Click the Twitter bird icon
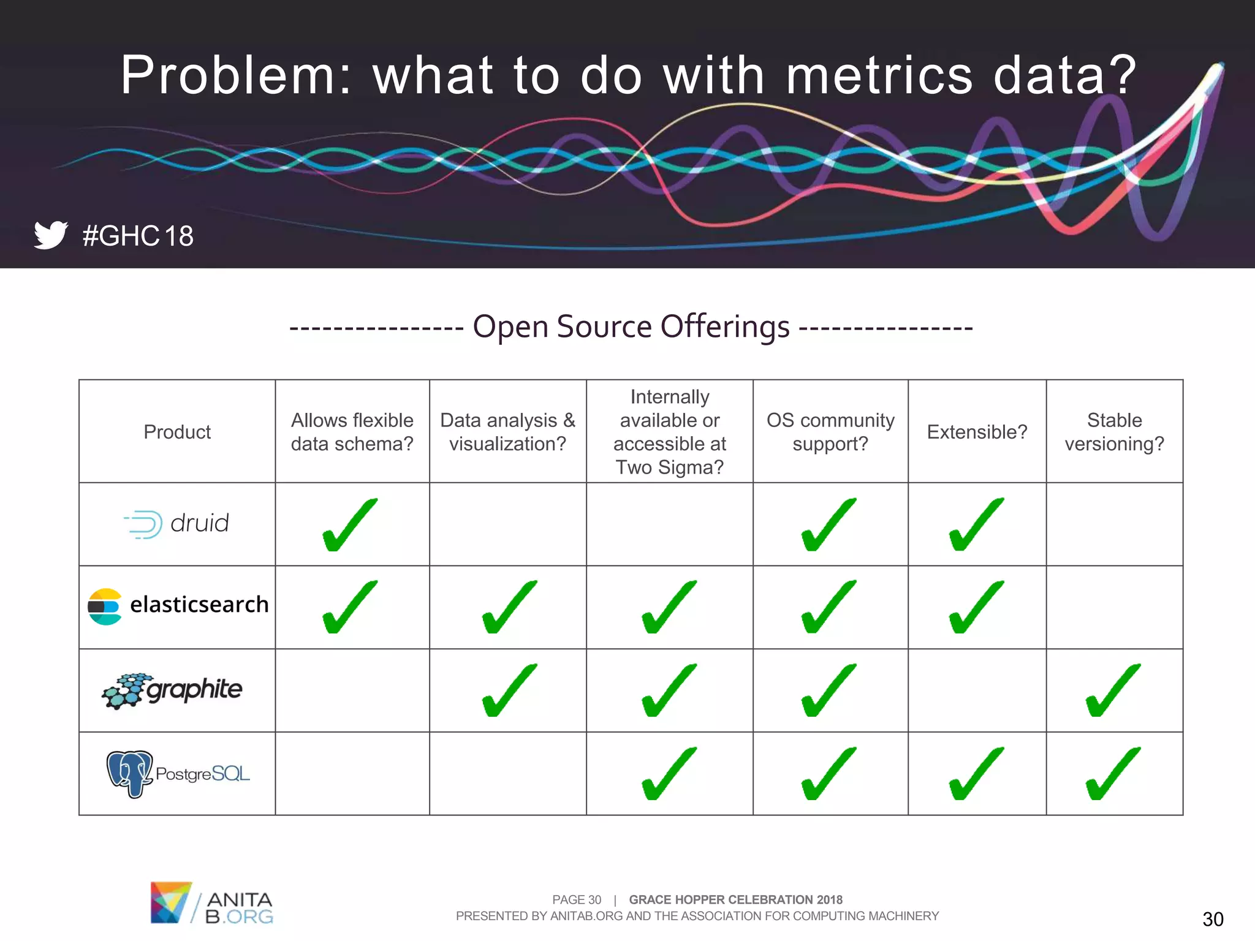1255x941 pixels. (50, 235)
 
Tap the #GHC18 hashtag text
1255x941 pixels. (138, 236)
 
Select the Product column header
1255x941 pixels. (177, 432)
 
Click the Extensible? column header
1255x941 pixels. (977, 432)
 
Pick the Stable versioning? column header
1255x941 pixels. (1114, 432)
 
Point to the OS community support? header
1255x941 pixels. (830, 432)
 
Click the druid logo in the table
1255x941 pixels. (176, 524)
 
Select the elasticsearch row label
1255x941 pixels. (178, 606)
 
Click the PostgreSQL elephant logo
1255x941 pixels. (129, 773)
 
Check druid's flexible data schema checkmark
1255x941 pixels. (350, 525)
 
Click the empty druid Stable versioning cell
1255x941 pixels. (1114, 524)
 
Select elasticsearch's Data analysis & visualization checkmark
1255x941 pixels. (509, 607)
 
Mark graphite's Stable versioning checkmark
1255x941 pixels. (1113, 690)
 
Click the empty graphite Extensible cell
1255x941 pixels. (977, 690)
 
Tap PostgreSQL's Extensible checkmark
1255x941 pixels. (976, 774)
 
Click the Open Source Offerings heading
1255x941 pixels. (631, 327)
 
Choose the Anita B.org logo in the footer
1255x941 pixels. (211, 902)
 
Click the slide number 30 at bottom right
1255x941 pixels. (1213, 919)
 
